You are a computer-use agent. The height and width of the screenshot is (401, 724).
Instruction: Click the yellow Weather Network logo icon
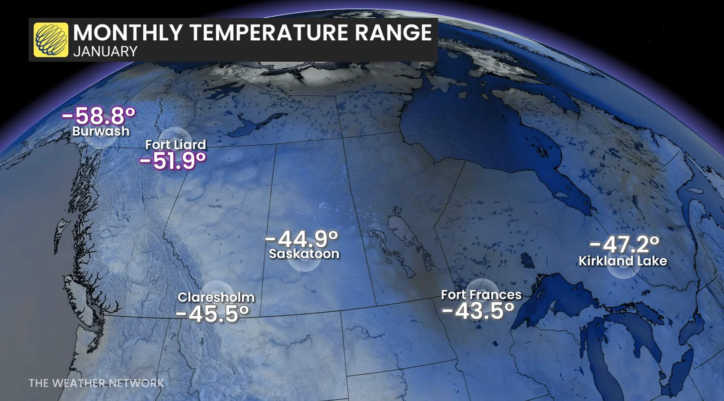point(51,40)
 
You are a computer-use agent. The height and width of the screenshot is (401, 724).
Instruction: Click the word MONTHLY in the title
point(128,33)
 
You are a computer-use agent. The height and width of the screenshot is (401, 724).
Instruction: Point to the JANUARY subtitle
point(105,51)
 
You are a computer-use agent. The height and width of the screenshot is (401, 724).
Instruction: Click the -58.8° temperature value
point(99,115)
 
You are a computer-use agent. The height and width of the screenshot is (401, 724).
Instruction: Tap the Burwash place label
point(101,131)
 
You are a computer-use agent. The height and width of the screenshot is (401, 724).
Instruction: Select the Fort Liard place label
point(175,145)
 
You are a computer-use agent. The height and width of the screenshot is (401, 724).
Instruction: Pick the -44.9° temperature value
point(302,238)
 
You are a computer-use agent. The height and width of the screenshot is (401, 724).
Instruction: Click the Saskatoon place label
point(304,254)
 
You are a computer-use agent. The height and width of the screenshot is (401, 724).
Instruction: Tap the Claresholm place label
point(216,297)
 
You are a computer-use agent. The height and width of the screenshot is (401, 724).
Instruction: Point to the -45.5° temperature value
point(212,314)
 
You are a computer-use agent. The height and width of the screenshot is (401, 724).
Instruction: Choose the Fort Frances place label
point(481,295)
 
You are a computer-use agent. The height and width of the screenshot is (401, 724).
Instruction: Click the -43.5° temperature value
point(478,311)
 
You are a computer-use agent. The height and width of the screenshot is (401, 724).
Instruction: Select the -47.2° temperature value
point(624,244)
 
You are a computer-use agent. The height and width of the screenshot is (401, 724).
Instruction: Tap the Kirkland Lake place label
point(623,261)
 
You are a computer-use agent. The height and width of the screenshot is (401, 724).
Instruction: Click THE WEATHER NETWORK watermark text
point(96,383)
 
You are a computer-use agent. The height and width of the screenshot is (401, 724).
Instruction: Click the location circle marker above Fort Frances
point(481,285)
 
